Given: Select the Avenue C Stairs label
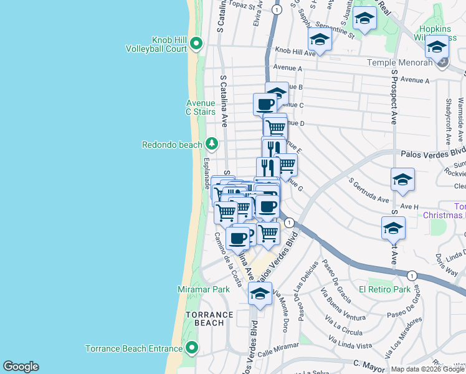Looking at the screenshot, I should click(x=201, y=107).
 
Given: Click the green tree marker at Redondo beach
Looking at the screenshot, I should click(x=212, y=145).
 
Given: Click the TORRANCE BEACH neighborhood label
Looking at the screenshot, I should click(x=204, y=319).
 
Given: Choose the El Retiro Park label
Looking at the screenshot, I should click(x=384, y=289).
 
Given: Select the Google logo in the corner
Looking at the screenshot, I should click(x=21, y=367).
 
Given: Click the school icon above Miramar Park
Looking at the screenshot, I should click(x=260, y=294).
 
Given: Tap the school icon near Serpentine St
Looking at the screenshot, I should click(x=320, y=40).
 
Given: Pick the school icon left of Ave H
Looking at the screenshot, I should click(x=402, y=180).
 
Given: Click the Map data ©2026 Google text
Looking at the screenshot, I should click(x=427, y=369).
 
